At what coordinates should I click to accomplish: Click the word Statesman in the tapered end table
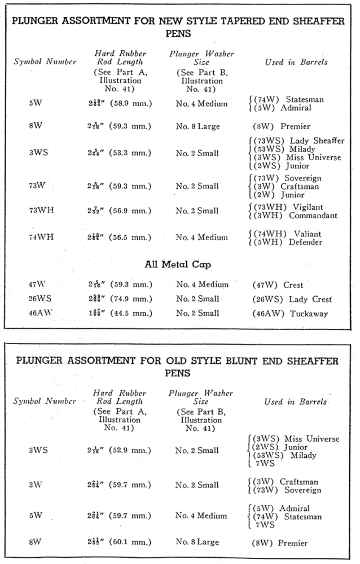pyautogui.click(x=305, y=100)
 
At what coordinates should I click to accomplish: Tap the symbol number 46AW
pyautogui.click(x=39, y=314)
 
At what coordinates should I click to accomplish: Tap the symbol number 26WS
pyautogui.click(x=39, y=299)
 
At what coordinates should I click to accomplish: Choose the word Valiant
pyautogui.click(x=308, y=234)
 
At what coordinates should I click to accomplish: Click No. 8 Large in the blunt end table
pyautogui.click(x=201, y=543)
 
